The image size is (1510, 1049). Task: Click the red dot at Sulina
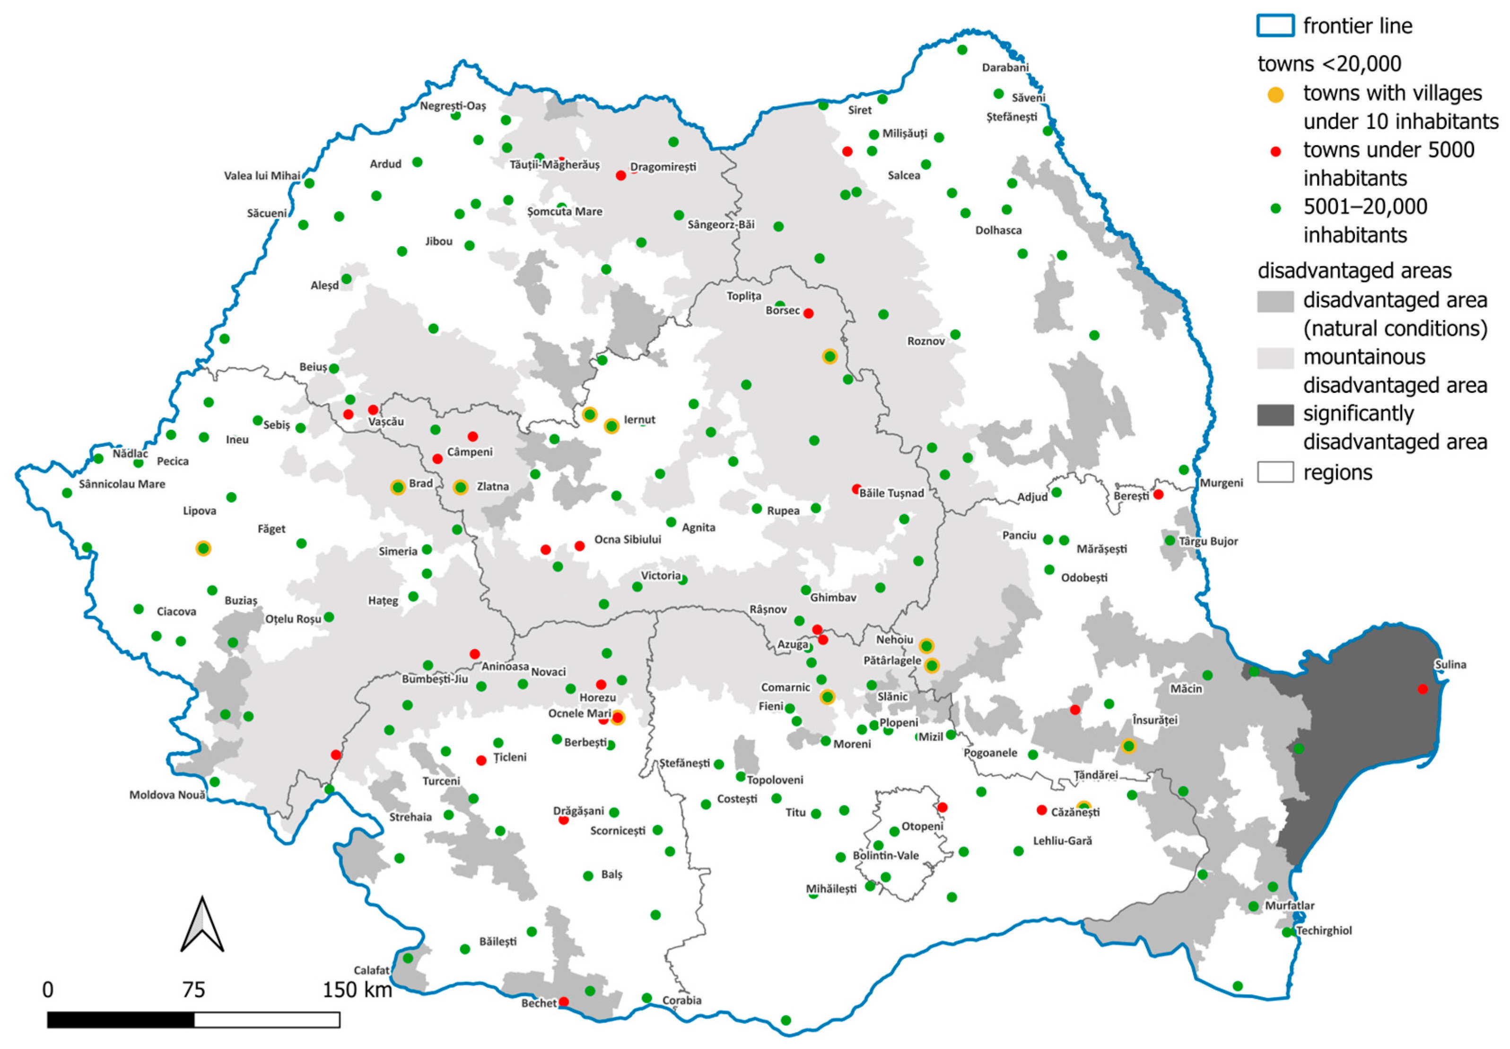coord(1422,689)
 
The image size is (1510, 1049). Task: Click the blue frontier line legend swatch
coord(1275,26)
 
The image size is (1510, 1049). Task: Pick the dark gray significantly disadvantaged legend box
coord(1275,415)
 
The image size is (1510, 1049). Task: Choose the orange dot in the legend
coord(1275,94)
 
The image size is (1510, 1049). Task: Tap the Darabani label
coord(1004,68)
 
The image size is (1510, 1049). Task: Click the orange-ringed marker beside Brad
coord(397,487)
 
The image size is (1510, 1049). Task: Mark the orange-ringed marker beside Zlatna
coord(460,487)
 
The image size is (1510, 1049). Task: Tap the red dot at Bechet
coord(563,1002)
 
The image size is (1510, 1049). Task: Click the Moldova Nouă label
coord(167,795)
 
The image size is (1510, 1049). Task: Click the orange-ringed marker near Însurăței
coord(1128,746)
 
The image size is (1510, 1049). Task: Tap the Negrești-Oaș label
coord(453,106)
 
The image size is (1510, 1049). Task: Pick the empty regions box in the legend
coord(1275,472)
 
